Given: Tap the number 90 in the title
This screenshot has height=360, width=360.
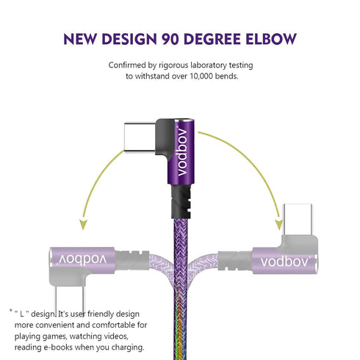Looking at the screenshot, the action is (170, 39).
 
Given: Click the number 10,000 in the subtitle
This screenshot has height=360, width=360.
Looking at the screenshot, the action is (201, 76).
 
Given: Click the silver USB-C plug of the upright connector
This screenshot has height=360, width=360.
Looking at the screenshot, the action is (140, 137).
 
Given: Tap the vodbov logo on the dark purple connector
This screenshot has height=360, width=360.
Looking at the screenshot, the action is (182, 151).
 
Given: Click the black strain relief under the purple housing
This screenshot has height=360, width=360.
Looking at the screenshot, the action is (181, 201).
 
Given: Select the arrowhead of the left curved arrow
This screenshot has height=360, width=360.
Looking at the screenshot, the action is (83, 224).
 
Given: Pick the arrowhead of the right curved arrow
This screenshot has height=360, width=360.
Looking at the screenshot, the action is (279, 224).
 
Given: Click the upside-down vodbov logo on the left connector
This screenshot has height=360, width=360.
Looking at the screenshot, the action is (82, 259).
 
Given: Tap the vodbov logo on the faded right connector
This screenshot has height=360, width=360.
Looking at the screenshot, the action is (285, 262).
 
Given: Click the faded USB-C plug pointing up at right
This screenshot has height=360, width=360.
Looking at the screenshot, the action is (298, 220).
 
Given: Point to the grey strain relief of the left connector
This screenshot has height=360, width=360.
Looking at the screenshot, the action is (132, 260).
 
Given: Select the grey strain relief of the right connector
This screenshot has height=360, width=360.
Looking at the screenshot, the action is (235, 262).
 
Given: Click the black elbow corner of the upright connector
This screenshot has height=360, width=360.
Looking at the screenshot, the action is (165, 138).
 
